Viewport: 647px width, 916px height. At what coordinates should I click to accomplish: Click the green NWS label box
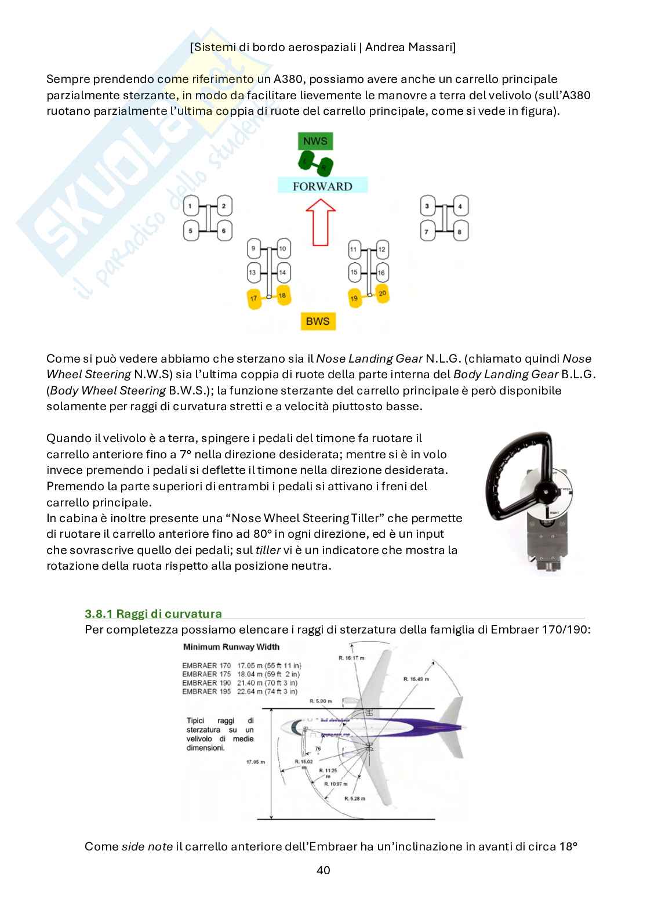coord(315,141)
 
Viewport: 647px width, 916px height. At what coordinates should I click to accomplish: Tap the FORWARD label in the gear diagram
coord(322,186)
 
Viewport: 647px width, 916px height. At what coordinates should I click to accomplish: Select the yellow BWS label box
coord(318,321)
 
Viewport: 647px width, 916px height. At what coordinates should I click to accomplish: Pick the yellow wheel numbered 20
coord(381,294)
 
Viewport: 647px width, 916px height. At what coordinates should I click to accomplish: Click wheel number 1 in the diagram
coord(191,205)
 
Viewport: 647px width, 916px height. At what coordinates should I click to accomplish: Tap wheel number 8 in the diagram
coord(460,232)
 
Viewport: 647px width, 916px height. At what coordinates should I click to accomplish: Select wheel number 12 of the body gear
coord(381,249)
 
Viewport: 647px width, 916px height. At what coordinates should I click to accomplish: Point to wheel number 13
coord(253,272)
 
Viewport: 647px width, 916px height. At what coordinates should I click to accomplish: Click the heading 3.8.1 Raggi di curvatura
coord(153,614)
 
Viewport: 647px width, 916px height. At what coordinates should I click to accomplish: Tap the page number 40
coord(323,870)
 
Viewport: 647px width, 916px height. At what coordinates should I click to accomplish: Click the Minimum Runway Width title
coord(231,647)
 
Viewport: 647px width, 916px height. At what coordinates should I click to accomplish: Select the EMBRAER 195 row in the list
coord(239,691)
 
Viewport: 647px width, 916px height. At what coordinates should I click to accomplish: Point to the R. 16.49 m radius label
coord(415,679)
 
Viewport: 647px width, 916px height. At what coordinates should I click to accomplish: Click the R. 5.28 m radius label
coord(354,799)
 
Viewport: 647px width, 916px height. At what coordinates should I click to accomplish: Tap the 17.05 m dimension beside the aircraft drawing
coord(255,762)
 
